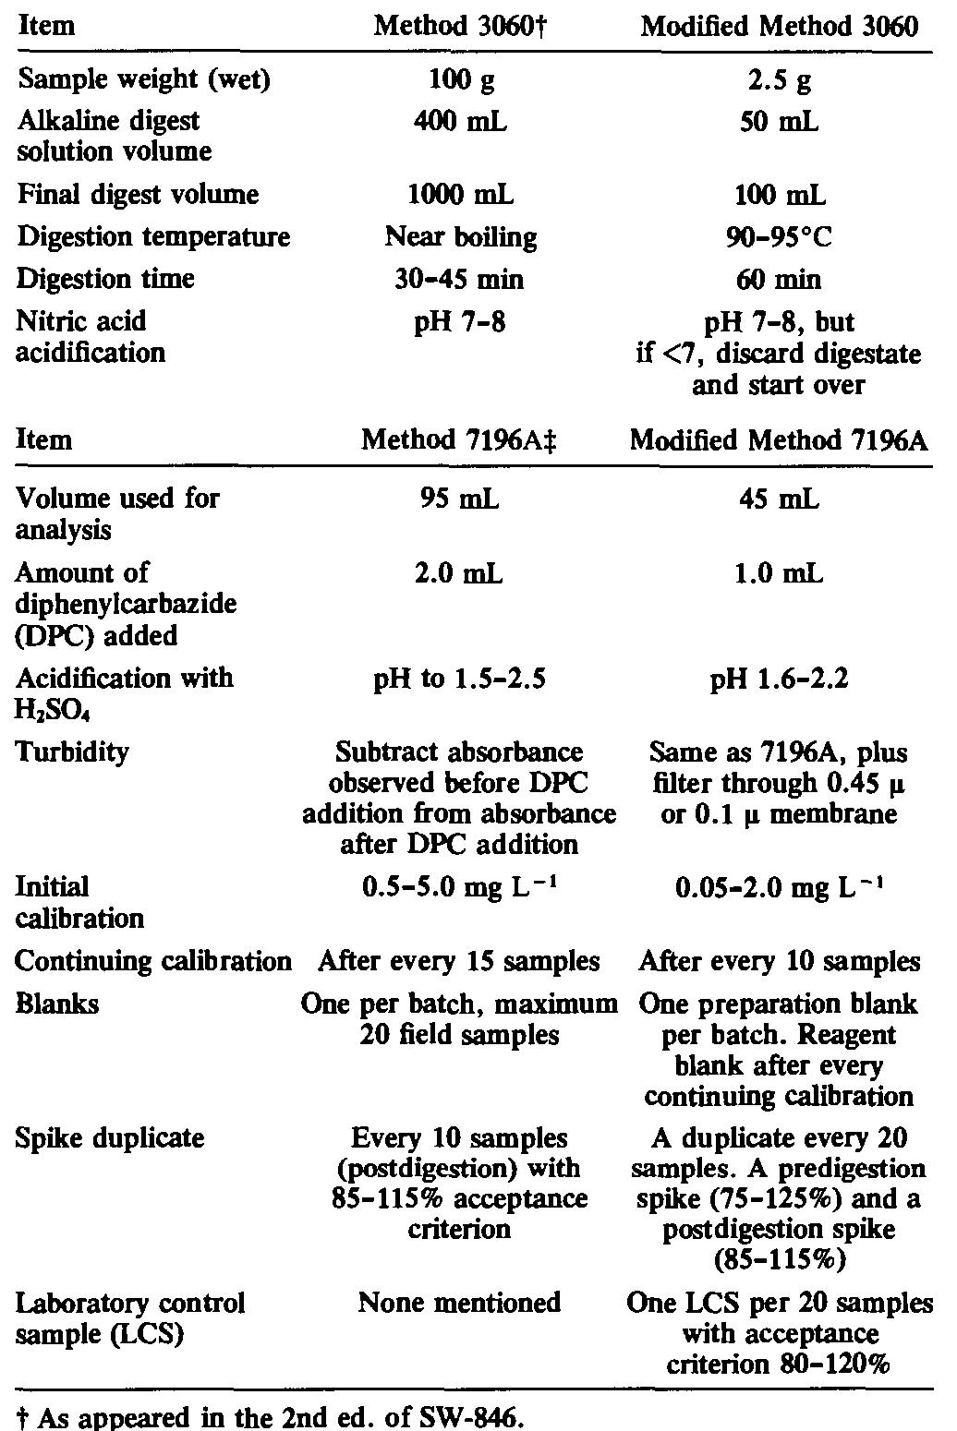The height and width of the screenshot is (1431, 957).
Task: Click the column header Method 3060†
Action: point(455,25)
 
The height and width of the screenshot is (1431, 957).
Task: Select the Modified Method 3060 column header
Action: point(780,25)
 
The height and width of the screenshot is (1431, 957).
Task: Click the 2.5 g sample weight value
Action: point(780,79)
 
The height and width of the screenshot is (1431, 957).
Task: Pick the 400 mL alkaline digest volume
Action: point(460,121)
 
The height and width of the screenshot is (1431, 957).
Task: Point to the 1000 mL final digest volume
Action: point(460,194)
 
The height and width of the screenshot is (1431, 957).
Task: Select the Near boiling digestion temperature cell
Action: point(460,236)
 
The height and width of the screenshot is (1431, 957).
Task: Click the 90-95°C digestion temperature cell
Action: point(780,236)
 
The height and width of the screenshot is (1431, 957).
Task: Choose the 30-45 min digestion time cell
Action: point(460,279)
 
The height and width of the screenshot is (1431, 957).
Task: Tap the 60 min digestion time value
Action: point(780,279)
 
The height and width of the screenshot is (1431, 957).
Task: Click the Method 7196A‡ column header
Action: point(460,439)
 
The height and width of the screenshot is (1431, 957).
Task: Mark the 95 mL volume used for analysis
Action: point(460,499)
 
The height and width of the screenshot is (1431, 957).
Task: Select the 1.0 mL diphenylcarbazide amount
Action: point(780,573)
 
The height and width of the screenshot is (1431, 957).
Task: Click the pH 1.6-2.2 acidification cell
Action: point(780,679)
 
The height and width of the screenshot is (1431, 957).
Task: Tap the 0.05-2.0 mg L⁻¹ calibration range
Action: point(780,888)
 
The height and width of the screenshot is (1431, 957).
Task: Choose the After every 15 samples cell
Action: point(459,961)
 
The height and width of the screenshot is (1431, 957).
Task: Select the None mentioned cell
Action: point(459,1303)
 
